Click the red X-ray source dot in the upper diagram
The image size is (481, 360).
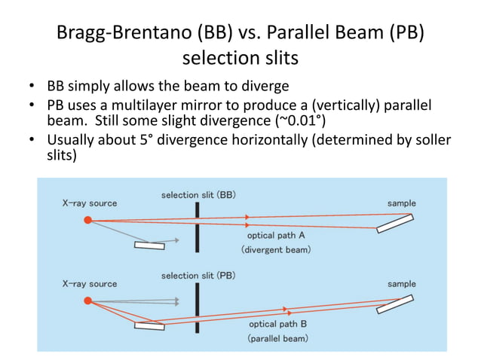(87, 219)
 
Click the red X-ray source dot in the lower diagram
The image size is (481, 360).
(87, 301)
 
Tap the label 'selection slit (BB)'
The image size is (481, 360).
(198, 195)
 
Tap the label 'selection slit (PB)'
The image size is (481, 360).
(198, 276)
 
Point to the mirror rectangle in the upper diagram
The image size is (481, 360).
(149, 244)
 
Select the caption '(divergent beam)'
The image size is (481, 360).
(275, 249)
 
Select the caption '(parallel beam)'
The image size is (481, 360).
(277, 338)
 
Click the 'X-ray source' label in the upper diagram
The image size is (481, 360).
(90, 203)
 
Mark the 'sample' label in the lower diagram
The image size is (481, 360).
(401, 284)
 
